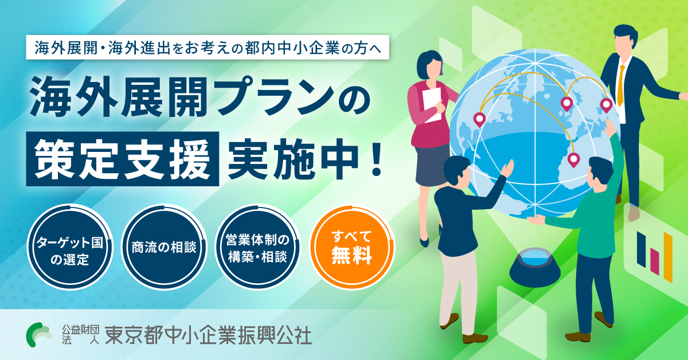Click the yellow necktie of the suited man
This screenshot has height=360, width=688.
tap(621, 86)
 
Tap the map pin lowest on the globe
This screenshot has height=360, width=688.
tap(573, 159)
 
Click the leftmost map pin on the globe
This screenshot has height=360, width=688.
tap(479, 119)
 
